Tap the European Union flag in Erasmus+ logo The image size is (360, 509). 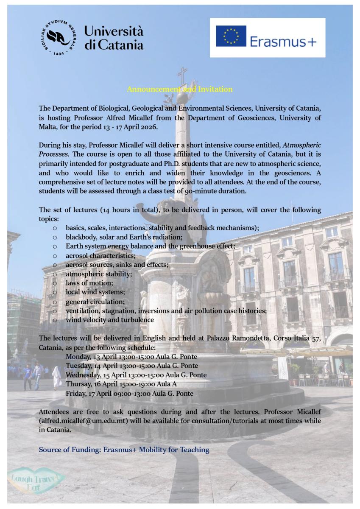(x=231, y=36)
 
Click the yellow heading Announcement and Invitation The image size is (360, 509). (x=180, y=89)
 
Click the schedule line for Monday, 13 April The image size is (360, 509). (x=131, y=357)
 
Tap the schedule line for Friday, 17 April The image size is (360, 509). (x=129, y=393)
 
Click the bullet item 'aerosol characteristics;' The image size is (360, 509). (x=100, y=256)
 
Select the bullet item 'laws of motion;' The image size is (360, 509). (x=89, y=282)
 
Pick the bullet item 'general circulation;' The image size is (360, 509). (x=95, y=302)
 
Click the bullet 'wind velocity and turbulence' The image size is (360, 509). (x=109, y=320)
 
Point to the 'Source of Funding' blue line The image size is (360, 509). (x=124, y=450)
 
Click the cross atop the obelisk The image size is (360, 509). (x=182, y=75)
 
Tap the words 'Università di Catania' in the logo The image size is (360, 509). (x=114, y=38)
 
